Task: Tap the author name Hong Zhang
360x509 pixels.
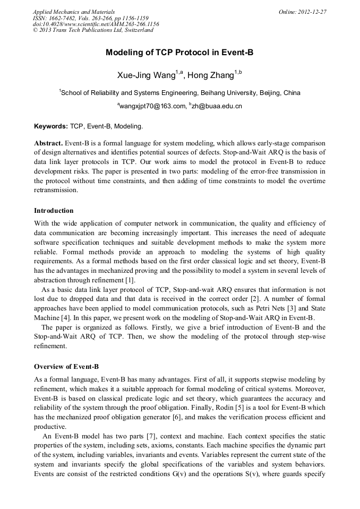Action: pyautogui.click(x=211, y=75)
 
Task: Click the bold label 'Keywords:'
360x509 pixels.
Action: pyautogui.click(x=51, y=126)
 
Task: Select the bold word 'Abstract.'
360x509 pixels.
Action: pyautogui.click(x=49, y=143)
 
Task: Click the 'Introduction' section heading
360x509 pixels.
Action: pyautogui.click(x=54, y=211)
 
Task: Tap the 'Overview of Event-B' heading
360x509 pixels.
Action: pyautogui.click(x=66, y=367)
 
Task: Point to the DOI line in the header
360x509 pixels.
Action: pyautogui.click(x=96, y=24)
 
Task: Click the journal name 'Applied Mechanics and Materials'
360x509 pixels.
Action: pyautogui.click(x=73, y=11)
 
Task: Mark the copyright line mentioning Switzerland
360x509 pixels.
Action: pyautogui.click(x=93, y=30)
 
